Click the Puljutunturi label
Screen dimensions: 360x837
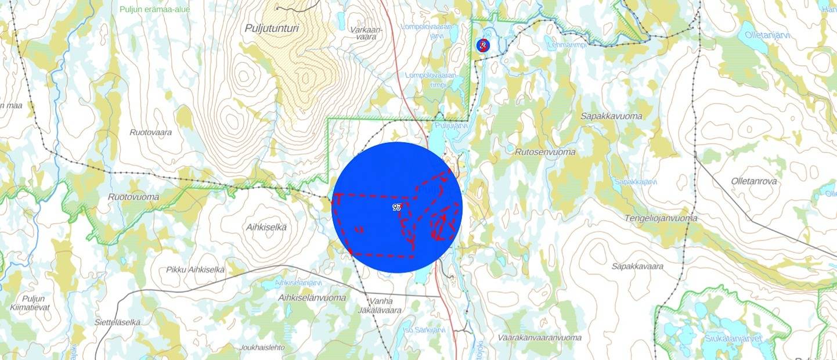271,28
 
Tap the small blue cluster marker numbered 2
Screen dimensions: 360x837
482,45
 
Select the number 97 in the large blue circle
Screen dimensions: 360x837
397,207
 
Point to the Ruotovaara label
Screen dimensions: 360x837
151,132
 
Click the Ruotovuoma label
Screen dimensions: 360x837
134,197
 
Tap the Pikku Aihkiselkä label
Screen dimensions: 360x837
195,269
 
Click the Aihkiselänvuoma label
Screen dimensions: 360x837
312,298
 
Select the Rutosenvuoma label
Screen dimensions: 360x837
545,152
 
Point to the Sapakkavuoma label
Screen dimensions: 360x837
609,116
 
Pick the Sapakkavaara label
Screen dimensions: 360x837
637,266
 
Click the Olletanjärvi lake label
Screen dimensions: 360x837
767,35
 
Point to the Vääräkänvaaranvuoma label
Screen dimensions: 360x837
539,337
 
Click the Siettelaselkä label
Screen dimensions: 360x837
118,322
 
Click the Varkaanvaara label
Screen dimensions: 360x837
366,33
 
